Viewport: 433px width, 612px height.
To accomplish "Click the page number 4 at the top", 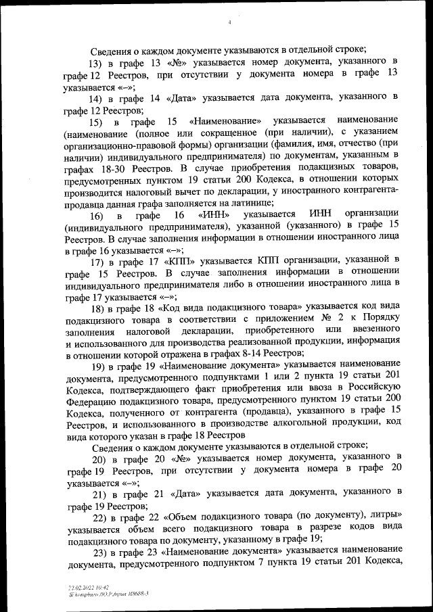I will (231, 22).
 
